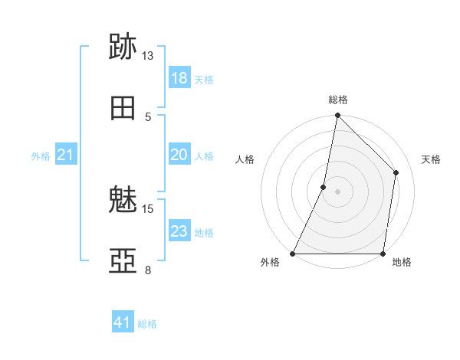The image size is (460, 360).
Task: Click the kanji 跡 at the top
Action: point(123,48)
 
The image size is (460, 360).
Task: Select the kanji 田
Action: point(123,109)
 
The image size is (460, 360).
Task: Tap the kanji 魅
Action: point(123,201)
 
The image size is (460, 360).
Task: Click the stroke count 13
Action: point(148,56)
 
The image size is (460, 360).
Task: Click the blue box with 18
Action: point(179,78)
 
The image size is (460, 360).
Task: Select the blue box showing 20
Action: point(179,155)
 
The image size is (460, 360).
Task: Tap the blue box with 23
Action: point(179,231)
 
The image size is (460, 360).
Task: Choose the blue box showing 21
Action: point(65,155)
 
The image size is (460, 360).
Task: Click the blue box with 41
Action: point(123,322)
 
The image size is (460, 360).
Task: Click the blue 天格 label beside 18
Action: point(204,79)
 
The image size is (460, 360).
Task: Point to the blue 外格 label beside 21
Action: point(41,155)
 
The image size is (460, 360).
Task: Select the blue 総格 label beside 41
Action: point(147,323)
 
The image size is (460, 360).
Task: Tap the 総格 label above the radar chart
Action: point(338,100)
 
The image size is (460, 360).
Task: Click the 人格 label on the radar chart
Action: point(245,159)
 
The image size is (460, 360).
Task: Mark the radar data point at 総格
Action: point(337,115)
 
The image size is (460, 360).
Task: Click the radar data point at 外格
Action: point(293,254)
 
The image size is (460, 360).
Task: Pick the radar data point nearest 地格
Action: point(383,254)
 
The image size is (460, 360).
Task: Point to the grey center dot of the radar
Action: point(337,191)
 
